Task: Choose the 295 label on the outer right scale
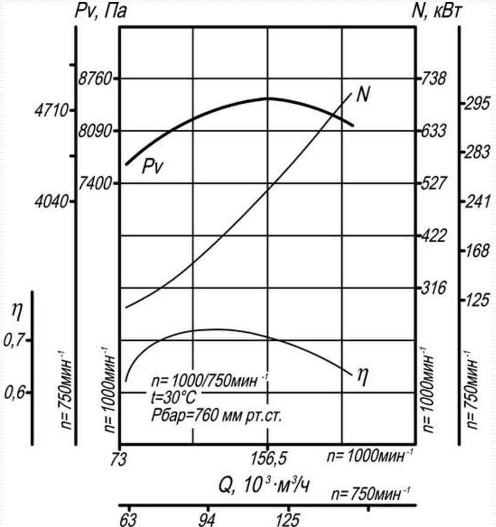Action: [476, 104]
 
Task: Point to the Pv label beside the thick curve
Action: [152, 167]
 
